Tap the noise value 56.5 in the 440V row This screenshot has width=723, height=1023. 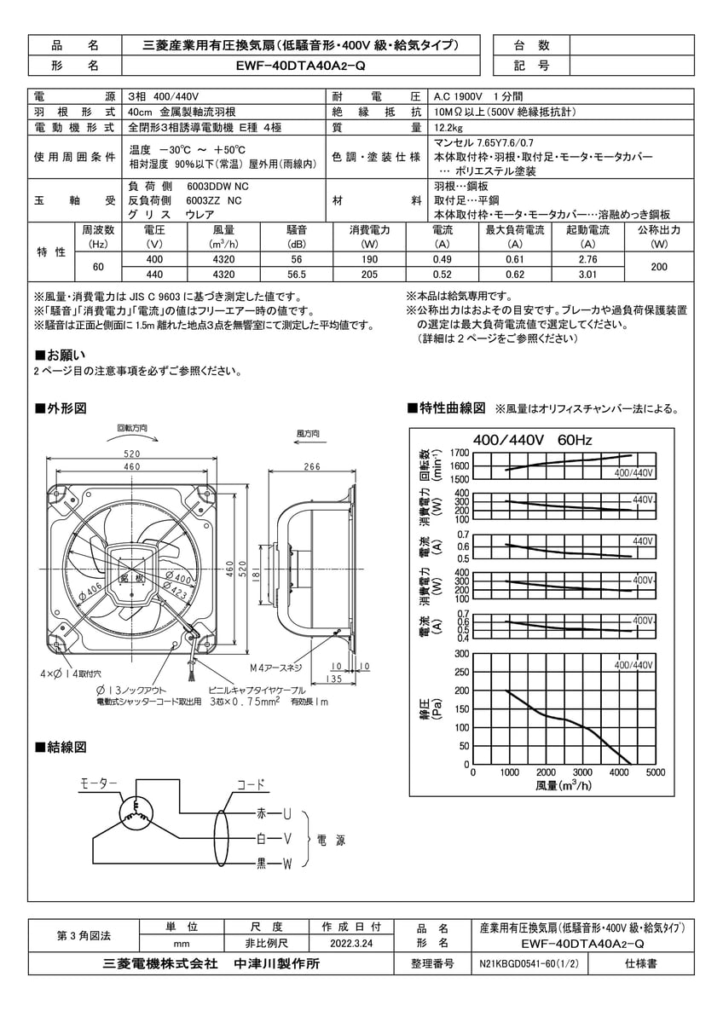(297, 275)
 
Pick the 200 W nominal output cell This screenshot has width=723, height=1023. (659, 267)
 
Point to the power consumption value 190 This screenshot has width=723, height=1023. (369, 259)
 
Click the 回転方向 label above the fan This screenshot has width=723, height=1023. (131, 427)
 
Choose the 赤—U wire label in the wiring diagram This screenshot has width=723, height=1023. (275, 815)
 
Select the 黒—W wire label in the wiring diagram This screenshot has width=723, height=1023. (275, 864)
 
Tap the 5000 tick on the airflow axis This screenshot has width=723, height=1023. (655, 772)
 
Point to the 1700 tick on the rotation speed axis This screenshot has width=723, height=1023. (459, 453)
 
